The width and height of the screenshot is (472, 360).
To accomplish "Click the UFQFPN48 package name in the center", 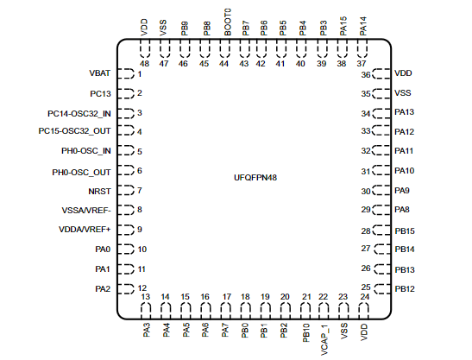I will click(x=255, y=176).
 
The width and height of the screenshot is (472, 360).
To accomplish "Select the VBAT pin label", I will click(x=100, y=74).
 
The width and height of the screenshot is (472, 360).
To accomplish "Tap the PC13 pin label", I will click(x=101, y=93).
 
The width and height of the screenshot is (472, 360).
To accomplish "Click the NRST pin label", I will click(x=101, y=190).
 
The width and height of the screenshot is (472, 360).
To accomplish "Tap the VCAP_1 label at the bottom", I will click(x=325, y=333).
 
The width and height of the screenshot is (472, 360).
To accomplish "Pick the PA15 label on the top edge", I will click(x=343, y=24).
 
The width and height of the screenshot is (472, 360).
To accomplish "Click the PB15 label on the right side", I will click(x=405, y=231).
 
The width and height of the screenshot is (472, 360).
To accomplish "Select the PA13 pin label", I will click(x=405, y=112).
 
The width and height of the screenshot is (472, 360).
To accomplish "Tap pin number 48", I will click(x=144, y=63).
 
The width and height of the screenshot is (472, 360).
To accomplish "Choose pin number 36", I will click(x=366, y=74).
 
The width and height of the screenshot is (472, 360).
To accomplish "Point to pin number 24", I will click(x=364, y=297).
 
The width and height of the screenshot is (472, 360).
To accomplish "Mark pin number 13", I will click(x=146, y=297).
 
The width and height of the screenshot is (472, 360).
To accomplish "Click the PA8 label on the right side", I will click(x=402, y=210).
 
